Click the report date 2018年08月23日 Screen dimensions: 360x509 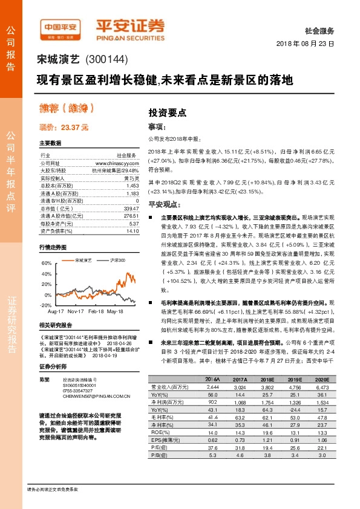(x=306, y=44)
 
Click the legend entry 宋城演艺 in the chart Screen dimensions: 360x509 (x=83, y=259)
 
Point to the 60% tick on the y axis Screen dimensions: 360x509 (x=46, y=264)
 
